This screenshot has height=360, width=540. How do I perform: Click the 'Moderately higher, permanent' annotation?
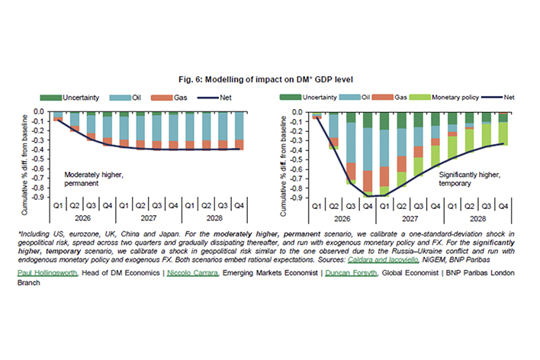tap(95, 178)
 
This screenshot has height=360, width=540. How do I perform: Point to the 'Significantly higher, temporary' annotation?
tap(461, 178)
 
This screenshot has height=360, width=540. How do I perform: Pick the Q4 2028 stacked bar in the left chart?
tap(239, 130)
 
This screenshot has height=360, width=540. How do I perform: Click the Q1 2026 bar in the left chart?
tap(58, 116)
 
